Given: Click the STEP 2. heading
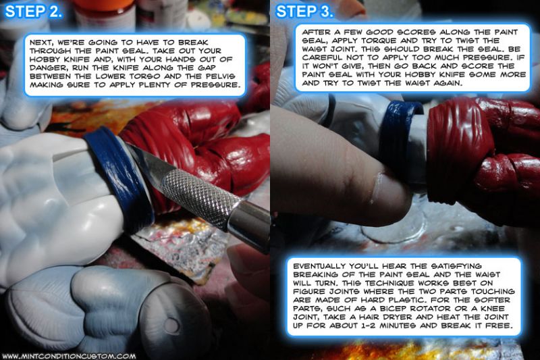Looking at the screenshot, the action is click(33, 11).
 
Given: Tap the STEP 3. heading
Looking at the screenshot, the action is click(304, 11).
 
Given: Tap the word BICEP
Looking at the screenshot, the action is click(393, 308).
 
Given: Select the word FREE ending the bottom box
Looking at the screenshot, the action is click(498, 325).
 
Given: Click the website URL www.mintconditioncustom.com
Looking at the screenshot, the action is click(69, 356).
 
